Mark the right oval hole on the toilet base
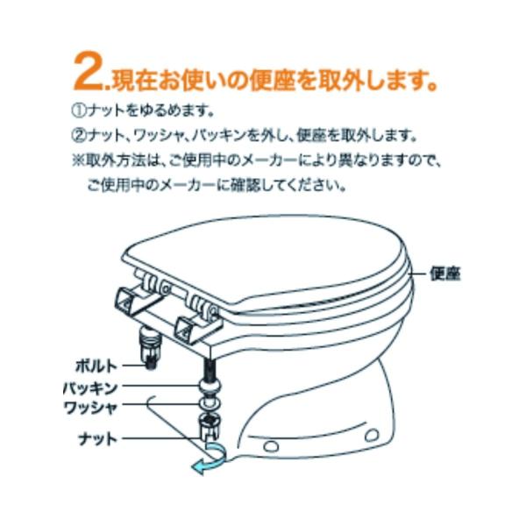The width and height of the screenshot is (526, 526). point(373,435)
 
